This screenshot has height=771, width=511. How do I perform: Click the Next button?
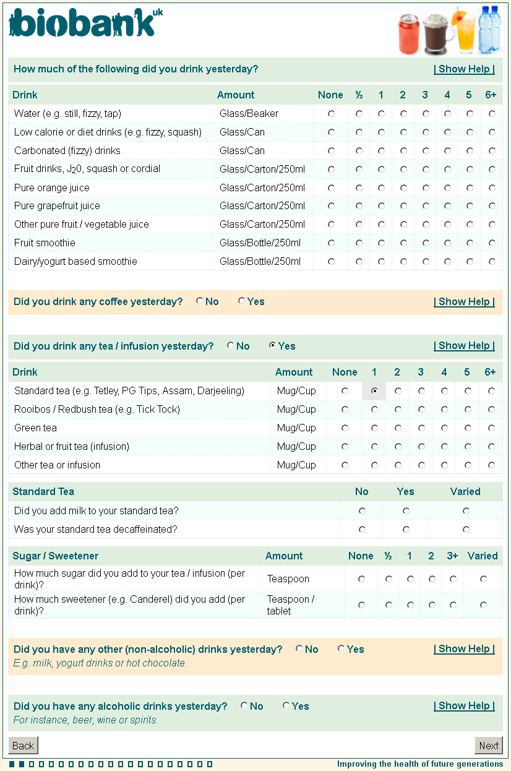point(489,746)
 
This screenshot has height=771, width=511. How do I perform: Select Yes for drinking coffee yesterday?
point(241,301)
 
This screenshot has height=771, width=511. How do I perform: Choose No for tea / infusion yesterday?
point(230,346)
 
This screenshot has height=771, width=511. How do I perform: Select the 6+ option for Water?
point(492,114)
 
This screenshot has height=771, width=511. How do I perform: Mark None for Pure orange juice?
point(331,187)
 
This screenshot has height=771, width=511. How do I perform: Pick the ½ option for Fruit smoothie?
point(359,243)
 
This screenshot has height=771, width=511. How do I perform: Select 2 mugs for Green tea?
point(398,428)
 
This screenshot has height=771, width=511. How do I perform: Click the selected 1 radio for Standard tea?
point(374,391)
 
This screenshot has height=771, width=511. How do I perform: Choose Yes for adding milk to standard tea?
point(406,511)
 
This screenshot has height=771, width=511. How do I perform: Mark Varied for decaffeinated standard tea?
point(466,530)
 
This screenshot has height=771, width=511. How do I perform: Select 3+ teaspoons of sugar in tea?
point(453,579)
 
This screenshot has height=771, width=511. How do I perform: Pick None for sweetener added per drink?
point(361,605)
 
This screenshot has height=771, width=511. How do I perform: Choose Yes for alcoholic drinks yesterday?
point(286,706)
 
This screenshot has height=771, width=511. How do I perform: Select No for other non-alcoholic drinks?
point(299,649)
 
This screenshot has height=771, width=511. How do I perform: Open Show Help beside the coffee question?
point(464,302)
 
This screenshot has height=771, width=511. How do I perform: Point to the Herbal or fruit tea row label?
point(72,447)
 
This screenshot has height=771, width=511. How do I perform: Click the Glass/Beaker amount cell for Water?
point(249,114)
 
